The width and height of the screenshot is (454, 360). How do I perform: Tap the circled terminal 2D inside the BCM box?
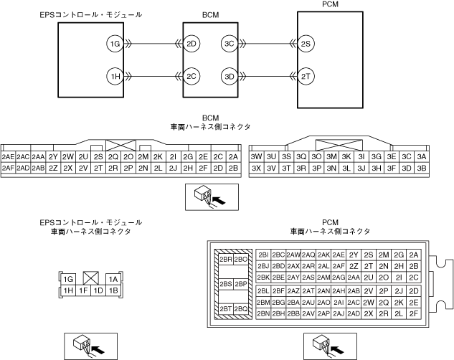point(191,44)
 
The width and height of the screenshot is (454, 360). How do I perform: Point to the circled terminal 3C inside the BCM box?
point(229,44)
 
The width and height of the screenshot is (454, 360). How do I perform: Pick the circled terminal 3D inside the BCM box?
point(229,75)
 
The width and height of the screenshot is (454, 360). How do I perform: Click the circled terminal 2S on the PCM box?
point(306,44)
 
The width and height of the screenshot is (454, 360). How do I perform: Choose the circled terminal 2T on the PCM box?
point(306,75)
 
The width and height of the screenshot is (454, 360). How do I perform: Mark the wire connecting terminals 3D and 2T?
point(267,75)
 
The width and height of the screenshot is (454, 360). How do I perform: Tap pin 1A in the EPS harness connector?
point(113,279)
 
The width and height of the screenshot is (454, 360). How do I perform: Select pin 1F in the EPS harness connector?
point(83,290)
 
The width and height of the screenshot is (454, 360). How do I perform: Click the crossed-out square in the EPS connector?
point(91,278)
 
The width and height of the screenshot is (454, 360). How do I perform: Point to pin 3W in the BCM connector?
point(256,156)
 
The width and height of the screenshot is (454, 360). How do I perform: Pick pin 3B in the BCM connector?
point(422,168)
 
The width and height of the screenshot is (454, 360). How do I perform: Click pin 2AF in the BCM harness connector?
point(8,168)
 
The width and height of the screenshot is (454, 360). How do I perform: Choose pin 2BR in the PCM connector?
point(226,259)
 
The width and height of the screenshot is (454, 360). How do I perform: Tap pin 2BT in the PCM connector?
point(226,309)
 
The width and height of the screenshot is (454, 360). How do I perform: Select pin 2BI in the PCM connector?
point(263,255)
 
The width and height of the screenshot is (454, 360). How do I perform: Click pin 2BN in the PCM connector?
point(263,313)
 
